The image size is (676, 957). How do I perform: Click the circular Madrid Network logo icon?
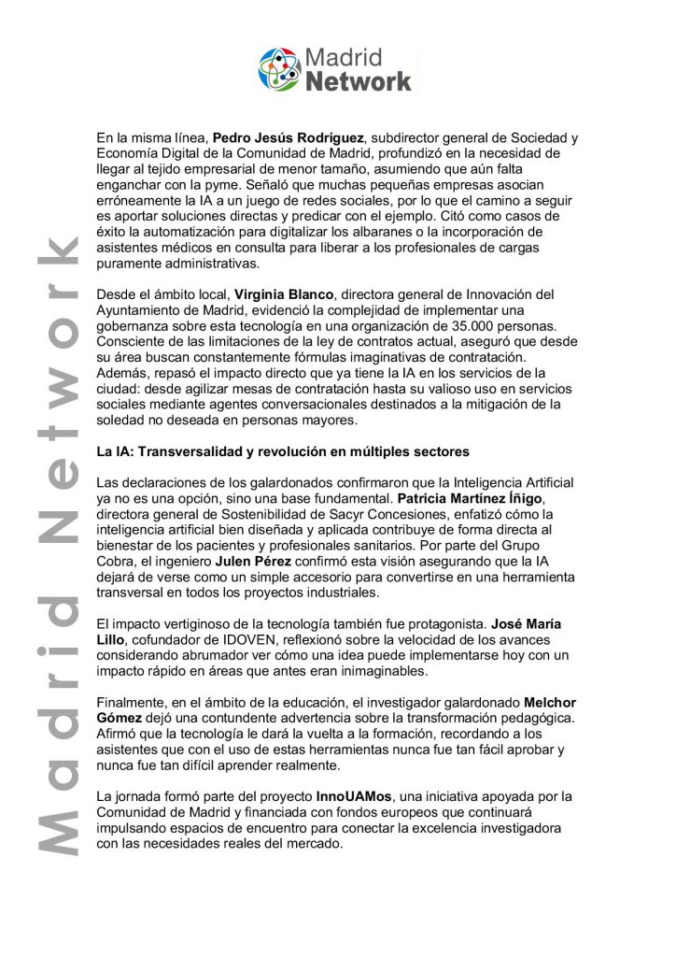pyautogui.click(x=280, y=69)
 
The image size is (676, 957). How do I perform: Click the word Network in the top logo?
pyautogui.click(x=359, y=81)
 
